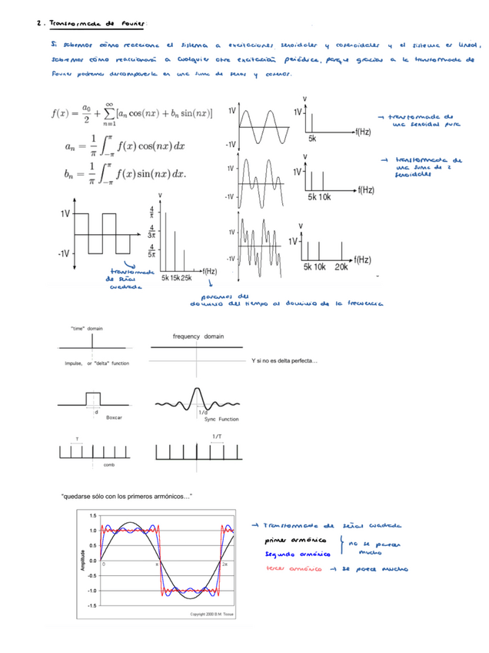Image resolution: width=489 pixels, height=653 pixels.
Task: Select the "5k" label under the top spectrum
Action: coord(312,139)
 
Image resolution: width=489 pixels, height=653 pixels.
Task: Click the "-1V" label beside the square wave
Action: coord(63,253)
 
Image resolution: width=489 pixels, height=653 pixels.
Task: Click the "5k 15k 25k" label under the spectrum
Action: coord(176,277)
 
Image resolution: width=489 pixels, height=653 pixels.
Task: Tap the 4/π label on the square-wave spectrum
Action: coord(151,211)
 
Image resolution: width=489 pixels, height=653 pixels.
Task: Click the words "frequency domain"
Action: coord(198,336)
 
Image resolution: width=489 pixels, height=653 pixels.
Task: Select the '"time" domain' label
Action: coord(87,328)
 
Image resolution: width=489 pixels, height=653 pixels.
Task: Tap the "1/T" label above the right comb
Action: coord(217,436)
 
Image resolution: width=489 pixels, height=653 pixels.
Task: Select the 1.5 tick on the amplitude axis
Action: coord(92,515)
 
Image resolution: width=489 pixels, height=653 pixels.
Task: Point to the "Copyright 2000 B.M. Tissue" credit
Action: coord(221,614)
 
